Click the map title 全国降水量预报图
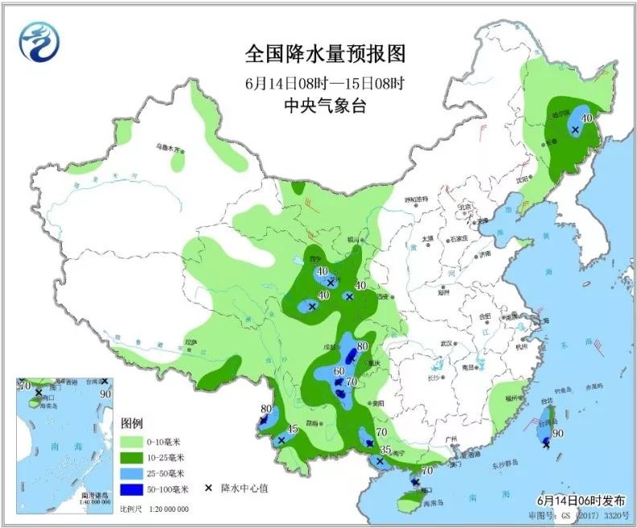pos(325,54)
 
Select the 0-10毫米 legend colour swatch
pos(133,441)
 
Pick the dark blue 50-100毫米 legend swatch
pos(133,488)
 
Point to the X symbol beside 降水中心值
pos(208,488)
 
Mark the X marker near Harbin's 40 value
pos(575,129)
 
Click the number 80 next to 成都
pos(362,347)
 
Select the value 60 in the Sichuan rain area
pos(339,371)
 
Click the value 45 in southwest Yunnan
pos(293,429)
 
